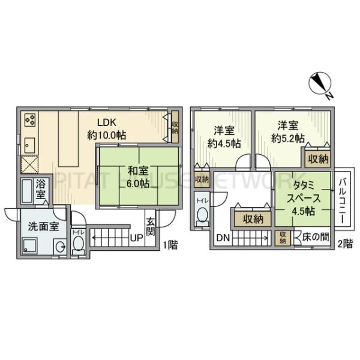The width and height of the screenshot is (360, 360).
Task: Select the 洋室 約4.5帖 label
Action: pos(224,137)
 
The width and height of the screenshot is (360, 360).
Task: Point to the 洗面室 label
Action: pos(41,227)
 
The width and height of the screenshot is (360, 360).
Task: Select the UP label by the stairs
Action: pos(137,238)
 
